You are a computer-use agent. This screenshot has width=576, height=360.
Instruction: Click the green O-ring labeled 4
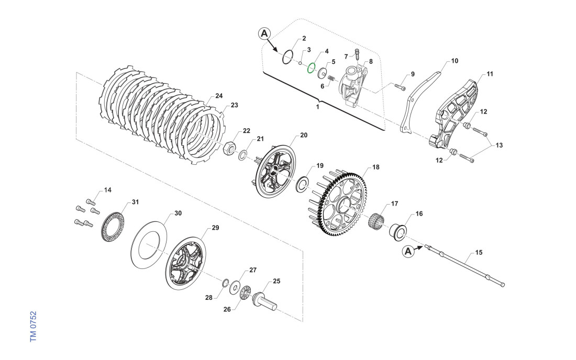click(311, 68)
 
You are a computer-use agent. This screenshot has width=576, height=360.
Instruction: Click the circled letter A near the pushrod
click(410, 252)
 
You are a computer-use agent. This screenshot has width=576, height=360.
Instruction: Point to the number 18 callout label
click(375, 167)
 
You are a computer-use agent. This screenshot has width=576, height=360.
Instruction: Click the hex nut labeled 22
click(229, 148)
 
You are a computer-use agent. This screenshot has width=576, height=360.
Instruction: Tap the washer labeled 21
click(245, 155)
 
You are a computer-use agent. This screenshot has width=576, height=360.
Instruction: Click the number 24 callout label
click(219, 96)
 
